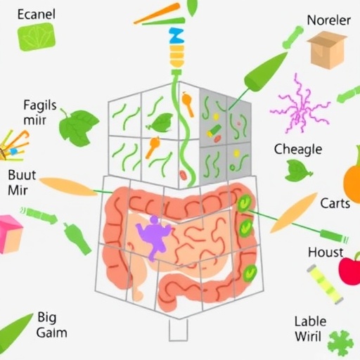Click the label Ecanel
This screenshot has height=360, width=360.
coord(37,14)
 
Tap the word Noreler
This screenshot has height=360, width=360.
coord(328,20)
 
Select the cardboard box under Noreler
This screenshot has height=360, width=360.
coord(327,51)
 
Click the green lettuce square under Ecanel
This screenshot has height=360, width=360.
coord(37,37)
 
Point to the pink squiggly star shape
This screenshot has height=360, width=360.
coord(300,104)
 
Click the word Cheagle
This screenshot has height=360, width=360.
coord(298,149)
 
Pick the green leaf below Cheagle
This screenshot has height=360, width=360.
coord(298,171)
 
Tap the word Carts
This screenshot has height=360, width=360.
coord(335,203)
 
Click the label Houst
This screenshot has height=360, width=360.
coord(326,252)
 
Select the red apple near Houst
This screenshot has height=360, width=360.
coord(350,269)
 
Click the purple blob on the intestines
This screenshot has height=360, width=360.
coord(153,237)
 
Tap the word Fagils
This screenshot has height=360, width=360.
coord(40,105)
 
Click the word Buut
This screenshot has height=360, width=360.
coord(22,175)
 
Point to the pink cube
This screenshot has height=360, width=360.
coord(11,234)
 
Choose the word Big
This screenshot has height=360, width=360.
coord(47,318)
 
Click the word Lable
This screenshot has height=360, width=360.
coord(310,321)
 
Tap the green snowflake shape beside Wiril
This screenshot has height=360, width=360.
coord(340,344)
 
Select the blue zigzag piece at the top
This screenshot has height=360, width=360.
coord(176,36)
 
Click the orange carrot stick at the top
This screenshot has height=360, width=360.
coord(157,13)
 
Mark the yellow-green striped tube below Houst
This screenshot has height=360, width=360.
coord(325,284)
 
